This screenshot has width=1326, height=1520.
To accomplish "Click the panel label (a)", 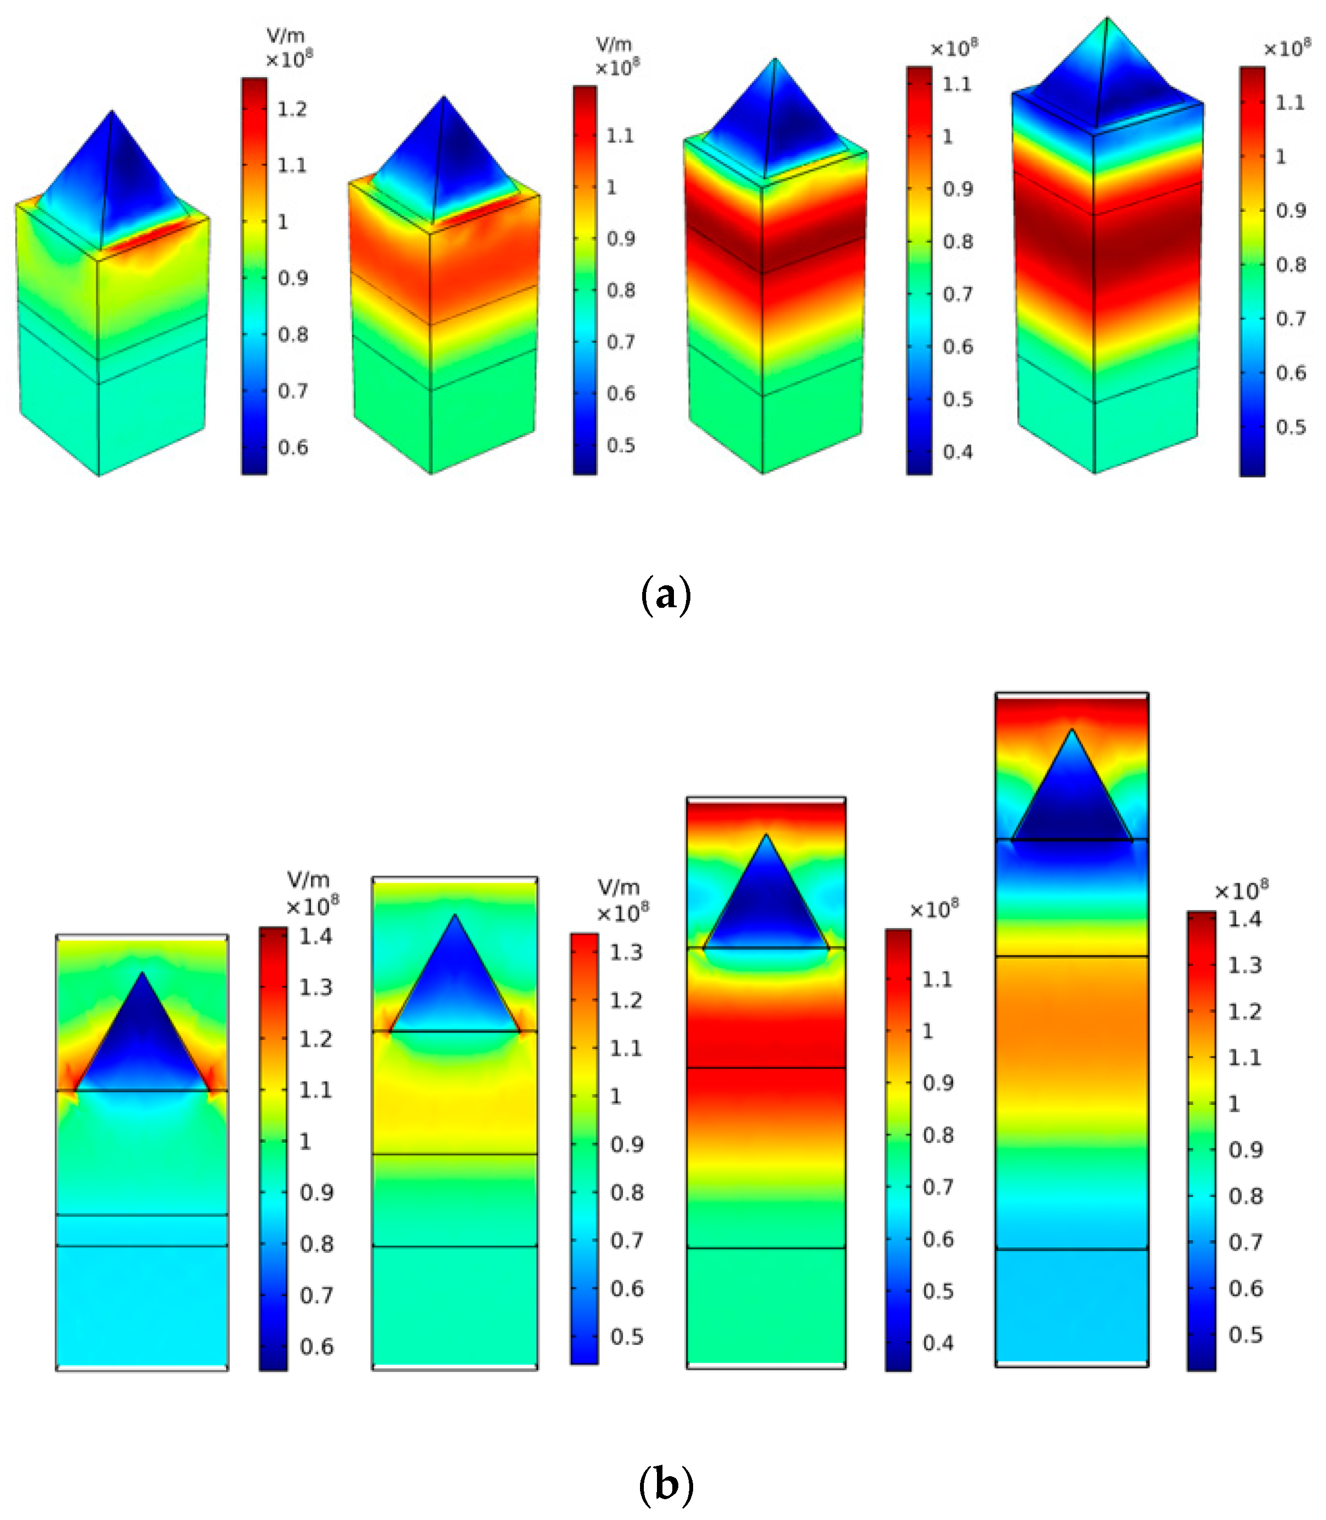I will [665, 595].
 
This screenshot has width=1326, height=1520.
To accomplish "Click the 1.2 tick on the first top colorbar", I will [292, 110].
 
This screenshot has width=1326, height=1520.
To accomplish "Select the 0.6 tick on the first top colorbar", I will [292, 447].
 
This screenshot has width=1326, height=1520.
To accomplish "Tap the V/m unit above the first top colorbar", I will [286, 36].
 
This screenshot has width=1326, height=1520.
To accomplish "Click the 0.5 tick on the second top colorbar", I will [621, 445].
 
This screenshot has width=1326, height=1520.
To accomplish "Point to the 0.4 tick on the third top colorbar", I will [957, 451].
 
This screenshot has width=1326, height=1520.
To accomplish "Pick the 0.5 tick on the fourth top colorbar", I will [1290, 427].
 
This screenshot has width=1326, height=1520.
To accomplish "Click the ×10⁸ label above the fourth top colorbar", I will [1286, 49].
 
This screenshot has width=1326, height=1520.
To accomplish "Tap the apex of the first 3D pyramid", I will [112, 112].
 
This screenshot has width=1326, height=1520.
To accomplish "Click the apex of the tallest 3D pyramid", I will [1107, 19].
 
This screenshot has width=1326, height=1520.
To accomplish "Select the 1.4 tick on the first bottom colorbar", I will [316, 936].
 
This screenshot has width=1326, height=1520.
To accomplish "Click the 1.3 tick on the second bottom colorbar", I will [626, 952].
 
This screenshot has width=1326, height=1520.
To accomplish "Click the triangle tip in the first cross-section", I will [142, 974].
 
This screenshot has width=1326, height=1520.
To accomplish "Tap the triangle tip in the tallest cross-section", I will [1071, 730].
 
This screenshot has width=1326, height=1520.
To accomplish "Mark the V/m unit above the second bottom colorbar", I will [618, 887].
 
